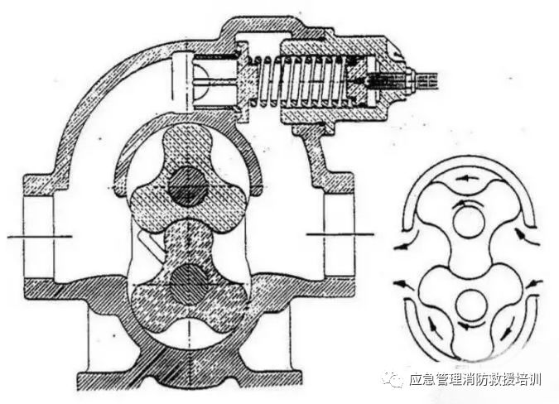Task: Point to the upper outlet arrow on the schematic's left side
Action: coord(405,245)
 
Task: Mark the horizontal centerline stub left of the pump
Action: coord(25,238)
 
